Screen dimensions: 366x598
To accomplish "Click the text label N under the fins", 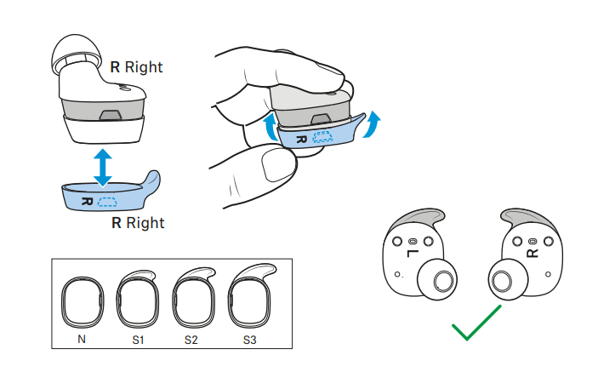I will pyautogui.click(x=81, y=340).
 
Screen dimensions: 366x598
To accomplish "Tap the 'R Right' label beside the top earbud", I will pyautogui.click(x=137, y=66).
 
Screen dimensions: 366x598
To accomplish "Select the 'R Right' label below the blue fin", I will pyautogui.click(x=138, y=223).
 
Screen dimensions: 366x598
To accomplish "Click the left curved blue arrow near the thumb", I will pyautogui.click(x=271, y=130).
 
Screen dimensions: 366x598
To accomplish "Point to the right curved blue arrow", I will pyautogui.click(x=373, y=127).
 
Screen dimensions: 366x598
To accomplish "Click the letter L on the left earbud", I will pyautogui.click(x=412, y=254).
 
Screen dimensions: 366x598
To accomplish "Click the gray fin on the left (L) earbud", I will pyautogui.click(x=419, y=220).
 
